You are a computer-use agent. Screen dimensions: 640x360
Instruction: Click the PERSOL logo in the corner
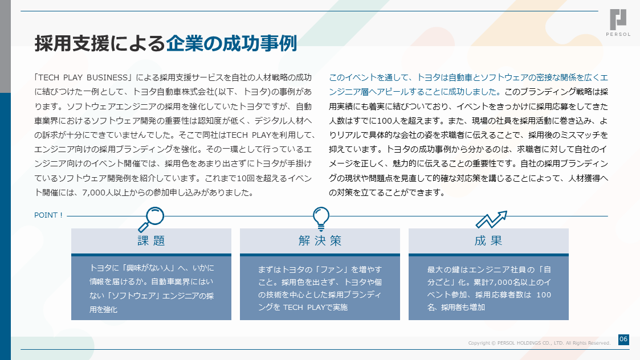[618, 22]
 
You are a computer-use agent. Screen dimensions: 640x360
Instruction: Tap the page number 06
[623, 339]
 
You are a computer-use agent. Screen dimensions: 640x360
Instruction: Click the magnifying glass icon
[151, 219]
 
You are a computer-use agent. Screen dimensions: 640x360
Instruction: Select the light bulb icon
[321, 219]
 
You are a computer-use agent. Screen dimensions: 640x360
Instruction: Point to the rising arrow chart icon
[491, 220]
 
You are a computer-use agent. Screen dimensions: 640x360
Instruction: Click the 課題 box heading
[151, 241]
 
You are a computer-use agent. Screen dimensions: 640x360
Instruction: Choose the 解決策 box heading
[320, 241]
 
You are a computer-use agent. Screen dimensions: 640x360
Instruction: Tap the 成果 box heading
[488, 241]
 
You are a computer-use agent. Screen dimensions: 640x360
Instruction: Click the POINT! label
[48, 215]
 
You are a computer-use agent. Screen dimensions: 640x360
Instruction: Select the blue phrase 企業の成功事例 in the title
[231, 43]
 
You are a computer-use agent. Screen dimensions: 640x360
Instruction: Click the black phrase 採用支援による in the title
[100, 43]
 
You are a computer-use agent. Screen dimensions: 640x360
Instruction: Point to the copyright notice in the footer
[539, 343]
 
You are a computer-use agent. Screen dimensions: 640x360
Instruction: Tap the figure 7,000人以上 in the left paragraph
[106, 193]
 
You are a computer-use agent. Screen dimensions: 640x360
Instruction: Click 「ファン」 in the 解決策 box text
[334, 270]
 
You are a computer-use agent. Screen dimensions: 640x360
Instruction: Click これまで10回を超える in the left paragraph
[246, 178]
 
